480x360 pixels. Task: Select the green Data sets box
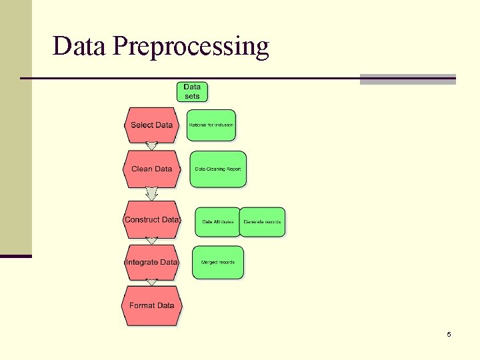192,91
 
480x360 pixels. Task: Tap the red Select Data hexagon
151,125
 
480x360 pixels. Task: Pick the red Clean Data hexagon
151,169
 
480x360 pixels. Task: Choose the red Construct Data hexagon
151,219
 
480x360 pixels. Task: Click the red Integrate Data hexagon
151,262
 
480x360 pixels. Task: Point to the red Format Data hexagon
151,305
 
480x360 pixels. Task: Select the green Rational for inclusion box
211,125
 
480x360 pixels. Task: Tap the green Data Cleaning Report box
218,169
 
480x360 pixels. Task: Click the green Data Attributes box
217,222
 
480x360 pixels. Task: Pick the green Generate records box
262,222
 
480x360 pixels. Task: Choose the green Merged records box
218,262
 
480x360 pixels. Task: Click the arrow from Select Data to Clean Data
151,146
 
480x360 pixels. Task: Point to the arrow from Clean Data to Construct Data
151,193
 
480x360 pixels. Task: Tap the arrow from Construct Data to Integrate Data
151,241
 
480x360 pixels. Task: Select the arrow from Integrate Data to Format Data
151,283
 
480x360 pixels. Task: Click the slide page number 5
449,334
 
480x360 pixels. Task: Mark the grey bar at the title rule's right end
407,79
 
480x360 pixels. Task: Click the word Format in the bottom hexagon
142,305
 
